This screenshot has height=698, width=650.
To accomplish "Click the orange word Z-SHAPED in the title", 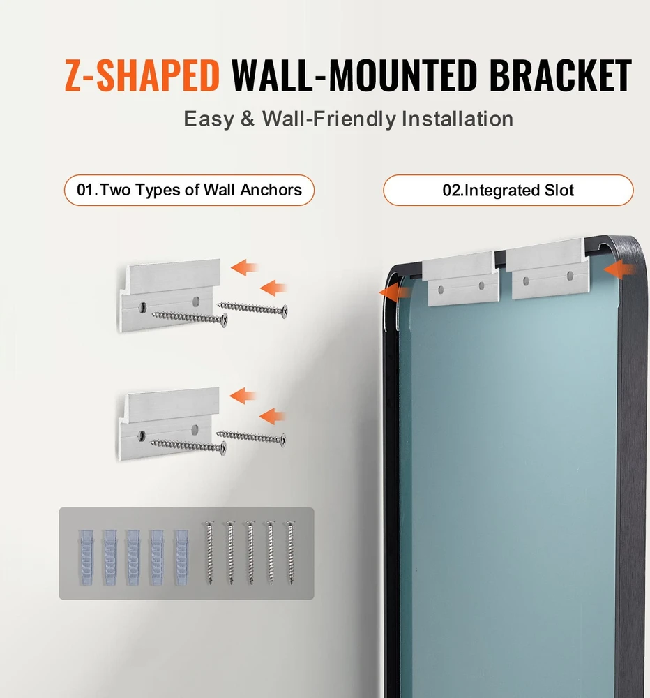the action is (142, 75).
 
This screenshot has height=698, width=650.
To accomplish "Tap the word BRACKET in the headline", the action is (560, 75).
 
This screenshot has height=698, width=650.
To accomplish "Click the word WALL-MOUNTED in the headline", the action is (354, 75).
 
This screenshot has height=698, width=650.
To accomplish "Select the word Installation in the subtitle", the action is (458, 119).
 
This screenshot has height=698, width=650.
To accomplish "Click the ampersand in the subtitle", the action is (248, 119).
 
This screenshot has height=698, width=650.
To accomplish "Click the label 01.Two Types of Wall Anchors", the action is (189, 190).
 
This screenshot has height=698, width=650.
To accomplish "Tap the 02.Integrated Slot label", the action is (508, 191).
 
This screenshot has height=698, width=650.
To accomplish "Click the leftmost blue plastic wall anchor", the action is (86, 557).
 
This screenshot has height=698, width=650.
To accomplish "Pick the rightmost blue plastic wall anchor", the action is (181, 557).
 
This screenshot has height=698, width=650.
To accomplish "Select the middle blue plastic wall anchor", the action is (133, 557).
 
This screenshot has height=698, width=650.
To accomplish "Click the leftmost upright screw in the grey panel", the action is (209, 553).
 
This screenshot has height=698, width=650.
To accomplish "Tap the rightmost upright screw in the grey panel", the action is (290, 553).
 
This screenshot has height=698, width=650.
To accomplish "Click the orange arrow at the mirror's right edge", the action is (619, 269).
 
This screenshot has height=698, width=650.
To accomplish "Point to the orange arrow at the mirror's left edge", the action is (394, 292).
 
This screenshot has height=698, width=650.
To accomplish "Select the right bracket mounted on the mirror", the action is (548, 269).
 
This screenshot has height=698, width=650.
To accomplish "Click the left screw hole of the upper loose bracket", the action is (143, 306).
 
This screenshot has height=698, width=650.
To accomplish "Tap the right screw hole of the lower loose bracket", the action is (195, 429).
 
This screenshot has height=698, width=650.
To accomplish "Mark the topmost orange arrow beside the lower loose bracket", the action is (243, 396).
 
